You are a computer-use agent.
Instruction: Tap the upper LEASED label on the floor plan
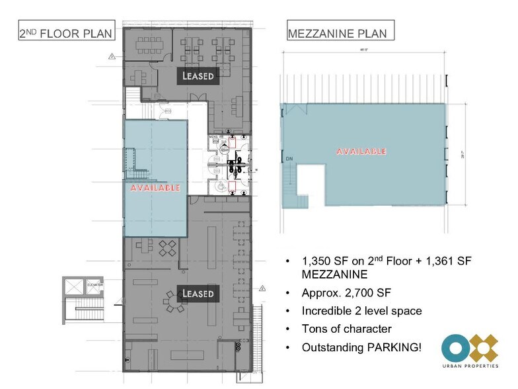pos(199,76)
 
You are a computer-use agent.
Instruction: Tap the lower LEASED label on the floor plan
pos(198,292)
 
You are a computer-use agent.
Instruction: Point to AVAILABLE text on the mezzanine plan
pos(361,151)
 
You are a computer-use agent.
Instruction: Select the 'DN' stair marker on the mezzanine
pos(289,159)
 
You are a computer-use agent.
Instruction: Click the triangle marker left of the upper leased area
pos(103,58)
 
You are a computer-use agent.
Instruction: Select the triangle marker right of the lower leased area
pos(262,288)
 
